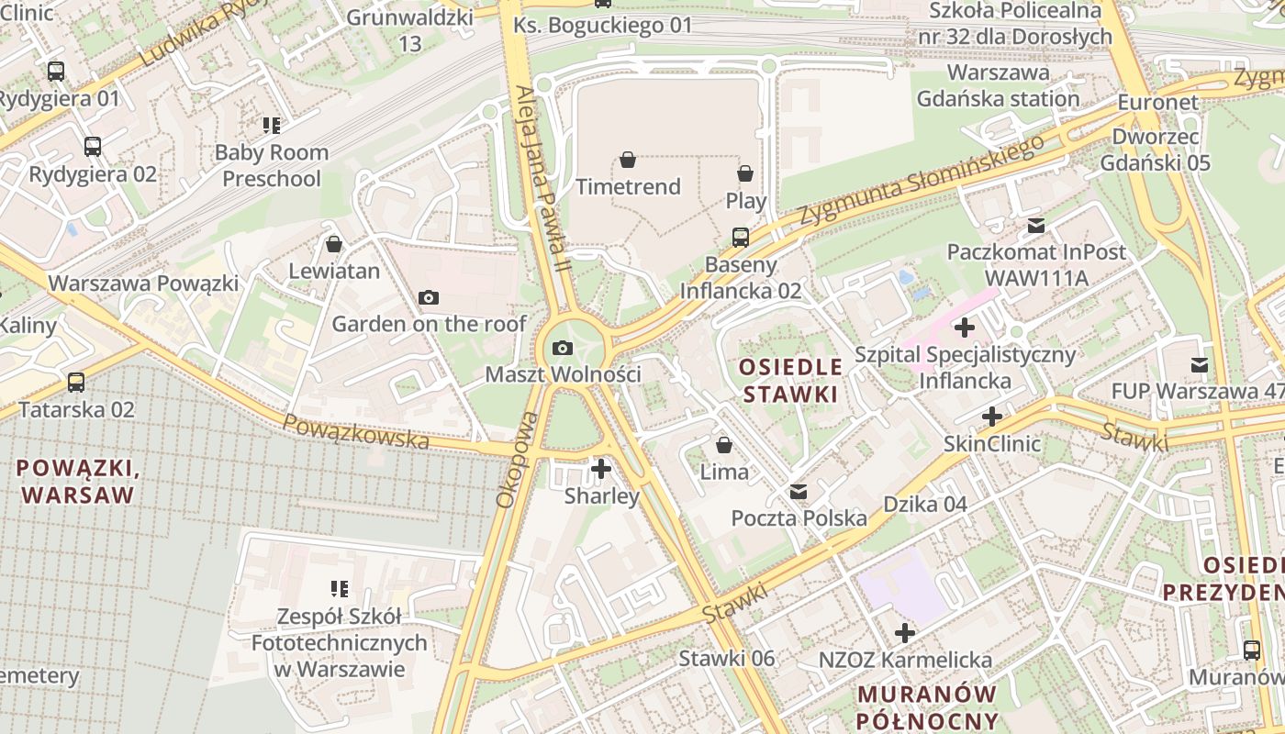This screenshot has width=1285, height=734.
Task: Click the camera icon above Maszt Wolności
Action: [563, 349]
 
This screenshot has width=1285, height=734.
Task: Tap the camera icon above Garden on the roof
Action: [428, 298]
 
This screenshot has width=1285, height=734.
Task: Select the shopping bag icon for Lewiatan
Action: [334, 245]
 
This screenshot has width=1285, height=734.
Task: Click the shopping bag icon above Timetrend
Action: [628, 161]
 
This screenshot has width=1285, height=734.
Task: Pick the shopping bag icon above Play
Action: [745, 173]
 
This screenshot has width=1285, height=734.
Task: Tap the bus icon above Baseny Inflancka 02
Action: [741, 238]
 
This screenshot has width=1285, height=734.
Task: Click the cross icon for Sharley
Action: [601, 470]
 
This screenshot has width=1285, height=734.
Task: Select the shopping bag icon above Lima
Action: [724, 446]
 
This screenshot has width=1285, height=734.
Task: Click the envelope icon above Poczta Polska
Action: [799, 493]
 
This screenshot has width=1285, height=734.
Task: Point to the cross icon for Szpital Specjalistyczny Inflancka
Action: [965, 328]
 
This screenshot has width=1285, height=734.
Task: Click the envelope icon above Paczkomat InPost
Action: [1036, 226]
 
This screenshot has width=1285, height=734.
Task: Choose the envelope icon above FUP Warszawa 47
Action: [1199, 365]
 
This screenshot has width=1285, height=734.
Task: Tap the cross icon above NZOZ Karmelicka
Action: [905, 633]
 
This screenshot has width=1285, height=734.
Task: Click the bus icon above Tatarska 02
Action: [76, 383]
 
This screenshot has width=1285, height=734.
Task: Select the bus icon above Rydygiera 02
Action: [93, 147]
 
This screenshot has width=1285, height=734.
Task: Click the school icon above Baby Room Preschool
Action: [271, 125]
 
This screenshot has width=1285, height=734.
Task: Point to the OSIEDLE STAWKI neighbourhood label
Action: [790, 381]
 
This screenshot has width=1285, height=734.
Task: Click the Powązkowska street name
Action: [355, 431]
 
